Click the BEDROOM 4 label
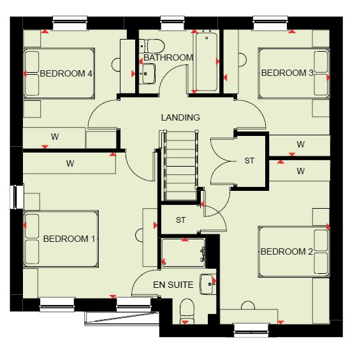coord(66,73)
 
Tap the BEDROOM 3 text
coord(288,73)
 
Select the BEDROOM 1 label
coord(69,239)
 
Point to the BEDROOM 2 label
coord(287,251)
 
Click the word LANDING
coord(180,117)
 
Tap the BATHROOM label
coord(168,57)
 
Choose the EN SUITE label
coord(173,285)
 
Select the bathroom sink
coord(147,74)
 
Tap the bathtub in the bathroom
coord(207,62)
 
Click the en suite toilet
coord(187,311)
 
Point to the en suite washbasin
coord(208,284)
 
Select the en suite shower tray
coord(183,253)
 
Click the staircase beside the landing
coord(181,165)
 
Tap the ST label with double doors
coord(249,161)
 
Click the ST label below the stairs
coord(180,220)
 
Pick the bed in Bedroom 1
coord(61,239)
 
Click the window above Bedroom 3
coord(270,23)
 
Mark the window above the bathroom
coord(173,23)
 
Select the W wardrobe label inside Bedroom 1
coord(70,163)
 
